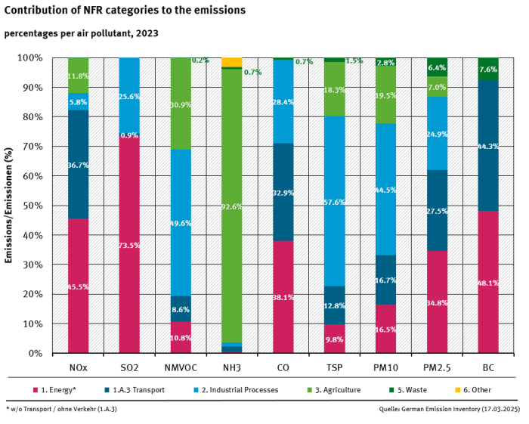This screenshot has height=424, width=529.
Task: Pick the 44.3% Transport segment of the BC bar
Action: coord(488,145)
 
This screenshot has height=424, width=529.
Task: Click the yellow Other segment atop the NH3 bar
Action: coord(232,62)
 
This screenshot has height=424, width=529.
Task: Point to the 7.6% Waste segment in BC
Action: coord(488,69)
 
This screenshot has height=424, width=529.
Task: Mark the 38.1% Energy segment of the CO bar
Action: coord(283,297)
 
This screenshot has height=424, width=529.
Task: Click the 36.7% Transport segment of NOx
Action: coord(78,164)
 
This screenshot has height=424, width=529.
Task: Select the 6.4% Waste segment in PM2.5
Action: coord(437,67)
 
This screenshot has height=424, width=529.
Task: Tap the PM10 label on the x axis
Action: coord(385,367)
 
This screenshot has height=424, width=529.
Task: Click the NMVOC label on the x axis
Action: coord(181,367)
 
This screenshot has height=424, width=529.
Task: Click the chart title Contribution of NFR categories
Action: coord(125,11)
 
